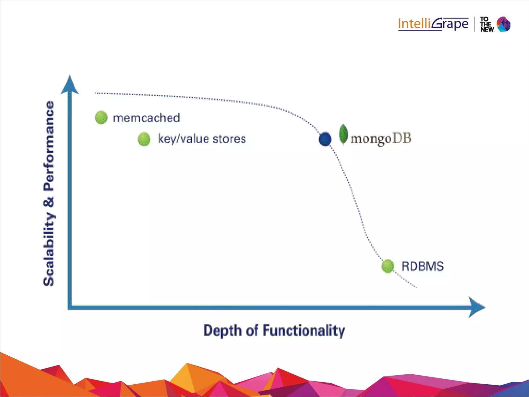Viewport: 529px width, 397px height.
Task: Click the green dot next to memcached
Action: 101,118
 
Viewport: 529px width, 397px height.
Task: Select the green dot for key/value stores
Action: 144,139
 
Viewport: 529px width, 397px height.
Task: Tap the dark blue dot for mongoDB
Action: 325,139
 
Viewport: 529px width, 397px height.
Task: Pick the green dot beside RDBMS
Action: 388,266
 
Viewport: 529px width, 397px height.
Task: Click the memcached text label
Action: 146,118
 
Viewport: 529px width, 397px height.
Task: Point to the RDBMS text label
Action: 423,266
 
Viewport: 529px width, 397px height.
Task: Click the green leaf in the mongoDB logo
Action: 343,134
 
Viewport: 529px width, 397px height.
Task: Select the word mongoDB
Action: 381,138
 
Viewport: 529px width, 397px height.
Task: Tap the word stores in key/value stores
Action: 229,139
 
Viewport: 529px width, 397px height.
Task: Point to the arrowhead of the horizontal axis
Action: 477,307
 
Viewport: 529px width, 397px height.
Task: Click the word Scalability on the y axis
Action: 49,250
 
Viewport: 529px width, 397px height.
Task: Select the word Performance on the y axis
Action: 49,146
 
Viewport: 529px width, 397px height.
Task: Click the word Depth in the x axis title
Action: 222,331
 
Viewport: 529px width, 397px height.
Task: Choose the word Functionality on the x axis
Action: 304,331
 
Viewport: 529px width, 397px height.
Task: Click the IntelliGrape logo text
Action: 433,24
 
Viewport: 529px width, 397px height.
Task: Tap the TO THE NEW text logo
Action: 487,24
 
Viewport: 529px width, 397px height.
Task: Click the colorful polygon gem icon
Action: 504,24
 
